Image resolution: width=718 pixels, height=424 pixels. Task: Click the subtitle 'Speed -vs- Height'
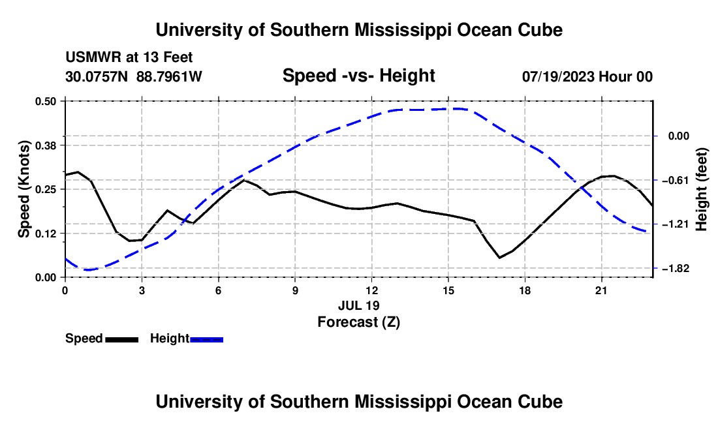(358, 76)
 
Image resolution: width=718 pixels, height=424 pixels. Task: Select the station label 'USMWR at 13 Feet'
(129, 57)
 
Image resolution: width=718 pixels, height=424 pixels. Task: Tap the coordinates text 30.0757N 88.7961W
(133, 76)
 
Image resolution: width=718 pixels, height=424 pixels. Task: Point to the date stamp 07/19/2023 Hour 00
(587, 76)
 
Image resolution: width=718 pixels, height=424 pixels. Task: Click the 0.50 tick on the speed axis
(45, 101)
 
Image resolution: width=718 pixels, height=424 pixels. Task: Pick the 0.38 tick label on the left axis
(45, 145)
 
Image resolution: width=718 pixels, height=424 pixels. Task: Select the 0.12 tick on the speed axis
(45, 234)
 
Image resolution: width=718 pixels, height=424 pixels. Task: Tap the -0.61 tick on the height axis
(676, 180)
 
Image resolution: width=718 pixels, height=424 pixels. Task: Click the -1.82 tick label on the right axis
(676, 269)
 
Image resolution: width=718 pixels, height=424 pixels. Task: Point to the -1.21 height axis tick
(676, 224)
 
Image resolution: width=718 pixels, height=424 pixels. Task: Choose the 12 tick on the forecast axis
(372, 290)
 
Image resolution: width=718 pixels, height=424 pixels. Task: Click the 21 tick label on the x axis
(601, 290)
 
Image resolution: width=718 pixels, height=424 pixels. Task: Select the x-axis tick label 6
(219, 290)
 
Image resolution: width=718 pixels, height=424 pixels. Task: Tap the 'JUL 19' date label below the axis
(359, 305)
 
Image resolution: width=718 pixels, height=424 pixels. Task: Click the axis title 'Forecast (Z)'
(359, 322)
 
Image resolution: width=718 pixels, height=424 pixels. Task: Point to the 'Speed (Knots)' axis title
(23, 189)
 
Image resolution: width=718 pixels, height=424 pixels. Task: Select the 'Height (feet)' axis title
(702, 189)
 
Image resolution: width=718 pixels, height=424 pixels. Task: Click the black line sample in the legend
(122, 340)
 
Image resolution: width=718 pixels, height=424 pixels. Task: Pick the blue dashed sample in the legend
(206, 340)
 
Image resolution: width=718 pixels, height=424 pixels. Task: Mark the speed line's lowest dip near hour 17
(499, 258)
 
